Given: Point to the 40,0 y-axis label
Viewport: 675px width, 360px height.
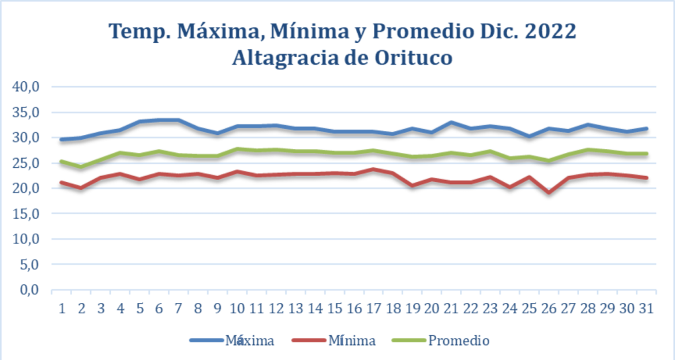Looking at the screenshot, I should point(25,87).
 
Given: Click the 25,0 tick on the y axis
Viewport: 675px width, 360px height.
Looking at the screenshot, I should point(25,163).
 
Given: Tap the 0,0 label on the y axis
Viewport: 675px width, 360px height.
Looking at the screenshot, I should point(29,290).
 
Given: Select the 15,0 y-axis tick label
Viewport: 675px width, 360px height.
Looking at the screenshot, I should point(25,213).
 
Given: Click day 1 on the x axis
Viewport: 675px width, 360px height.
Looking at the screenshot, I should point(62,308).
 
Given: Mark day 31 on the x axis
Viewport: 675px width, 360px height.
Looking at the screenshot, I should point(646,308).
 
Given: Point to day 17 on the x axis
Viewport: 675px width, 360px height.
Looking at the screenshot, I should point(373,308).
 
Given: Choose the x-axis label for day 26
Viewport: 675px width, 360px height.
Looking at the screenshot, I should point(549,308).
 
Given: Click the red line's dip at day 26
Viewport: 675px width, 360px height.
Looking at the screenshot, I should point(549,192).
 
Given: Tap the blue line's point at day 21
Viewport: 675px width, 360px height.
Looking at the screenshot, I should point(451,122).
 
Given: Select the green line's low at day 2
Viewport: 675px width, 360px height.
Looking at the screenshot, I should point(81,167).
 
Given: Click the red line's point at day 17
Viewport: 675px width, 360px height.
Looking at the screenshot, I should point(373,170).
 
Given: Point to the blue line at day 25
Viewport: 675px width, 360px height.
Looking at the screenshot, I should point(529,137).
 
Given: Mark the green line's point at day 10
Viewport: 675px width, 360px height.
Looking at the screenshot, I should point(237,149).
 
